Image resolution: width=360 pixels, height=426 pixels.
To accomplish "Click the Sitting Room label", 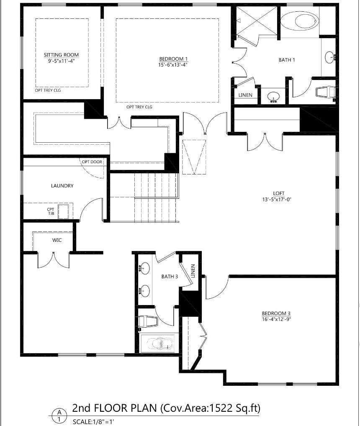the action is point(61,55).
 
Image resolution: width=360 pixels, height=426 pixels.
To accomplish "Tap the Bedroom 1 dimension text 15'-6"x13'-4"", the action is point(173,65).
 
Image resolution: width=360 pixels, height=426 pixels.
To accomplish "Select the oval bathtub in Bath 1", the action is point(299,21).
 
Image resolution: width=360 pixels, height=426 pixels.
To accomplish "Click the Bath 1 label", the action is point(287,60).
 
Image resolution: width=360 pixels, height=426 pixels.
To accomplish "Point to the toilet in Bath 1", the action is point(325,92).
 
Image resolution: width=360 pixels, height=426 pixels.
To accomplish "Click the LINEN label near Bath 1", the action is point(245,95).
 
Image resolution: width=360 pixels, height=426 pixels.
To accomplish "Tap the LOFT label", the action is point(279,193).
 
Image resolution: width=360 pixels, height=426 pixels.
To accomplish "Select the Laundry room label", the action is point(62,186).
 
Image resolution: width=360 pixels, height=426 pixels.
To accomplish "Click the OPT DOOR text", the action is point(92,162).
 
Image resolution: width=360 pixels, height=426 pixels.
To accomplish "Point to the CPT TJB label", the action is point(51,211).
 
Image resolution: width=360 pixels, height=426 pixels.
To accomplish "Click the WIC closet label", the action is point(57,240).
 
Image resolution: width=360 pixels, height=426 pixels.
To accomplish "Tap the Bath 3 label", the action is point(170,277).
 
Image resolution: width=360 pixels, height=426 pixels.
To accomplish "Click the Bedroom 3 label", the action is point(276,313).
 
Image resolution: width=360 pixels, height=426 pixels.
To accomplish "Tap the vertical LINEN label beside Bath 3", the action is point(193,271).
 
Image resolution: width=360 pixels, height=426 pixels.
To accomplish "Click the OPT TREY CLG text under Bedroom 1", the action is point(139,107).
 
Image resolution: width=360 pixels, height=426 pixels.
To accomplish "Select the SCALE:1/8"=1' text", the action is point(93,422).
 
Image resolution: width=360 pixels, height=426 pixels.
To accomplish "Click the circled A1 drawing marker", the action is point(59,416).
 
